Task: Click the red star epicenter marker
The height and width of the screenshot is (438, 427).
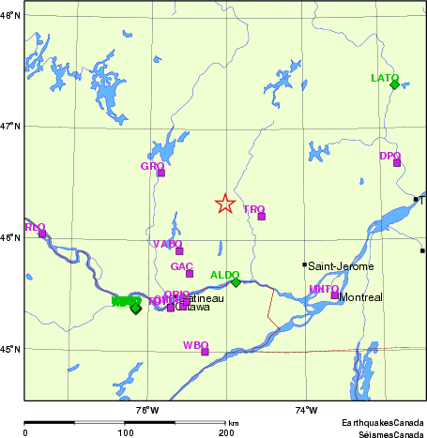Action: [224, 204]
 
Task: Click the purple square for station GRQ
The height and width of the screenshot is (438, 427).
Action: [160, 173]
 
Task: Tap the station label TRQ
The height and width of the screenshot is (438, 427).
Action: [253, 209]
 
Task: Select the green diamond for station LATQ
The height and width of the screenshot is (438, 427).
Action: [394, 84]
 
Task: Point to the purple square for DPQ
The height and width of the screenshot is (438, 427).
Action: [397, 163]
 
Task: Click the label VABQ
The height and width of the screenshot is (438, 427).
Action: [167, 244]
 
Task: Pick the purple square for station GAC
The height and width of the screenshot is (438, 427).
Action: [189, 274]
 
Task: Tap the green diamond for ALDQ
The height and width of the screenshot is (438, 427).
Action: [236, 282]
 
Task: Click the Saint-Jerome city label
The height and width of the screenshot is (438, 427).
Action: [341, 266]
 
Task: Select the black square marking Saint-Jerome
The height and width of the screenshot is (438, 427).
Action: [304, 264]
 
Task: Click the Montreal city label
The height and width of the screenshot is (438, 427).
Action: [360, 297]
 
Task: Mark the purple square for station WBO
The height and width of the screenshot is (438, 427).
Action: [205, 352]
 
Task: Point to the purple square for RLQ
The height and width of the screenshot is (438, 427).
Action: [41, 234]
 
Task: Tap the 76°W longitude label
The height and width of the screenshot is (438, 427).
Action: [147, 410]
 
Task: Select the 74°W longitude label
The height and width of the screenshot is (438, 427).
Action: [306, 410]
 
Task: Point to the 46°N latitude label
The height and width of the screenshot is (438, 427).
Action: [10, 238]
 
